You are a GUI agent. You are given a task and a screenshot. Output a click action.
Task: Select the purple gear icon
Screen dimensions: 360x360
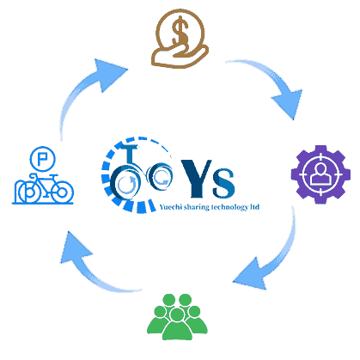(320, 174)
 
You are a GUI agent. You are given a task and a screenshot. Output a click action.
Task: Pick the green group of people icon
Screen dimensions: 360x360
(177, 317)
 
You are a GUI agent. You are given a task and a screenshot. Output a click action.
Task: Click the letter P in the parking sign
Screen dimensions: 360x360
(42, 159)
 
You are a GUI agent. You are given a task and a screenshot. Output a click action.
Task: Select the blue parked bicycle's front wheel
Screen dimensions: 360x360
(62, 192)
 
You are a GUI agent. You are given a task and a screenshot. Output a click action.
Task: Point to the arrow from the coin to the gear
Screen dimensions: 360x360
(273, 83)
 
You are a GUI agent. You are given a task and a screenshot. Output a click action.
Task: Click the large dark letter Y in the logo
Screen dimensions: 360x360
(197, 178)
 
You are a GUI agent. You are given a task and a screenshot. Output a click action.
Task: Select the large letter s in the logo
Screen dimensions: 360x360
(223, 183)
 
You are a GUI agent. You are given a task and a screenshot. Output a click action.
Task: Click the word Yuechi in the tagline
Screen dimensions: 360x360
(171, 207)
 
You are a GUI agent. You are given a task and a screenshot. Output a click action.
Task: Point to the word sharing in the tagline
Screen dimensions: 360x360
(197, 207)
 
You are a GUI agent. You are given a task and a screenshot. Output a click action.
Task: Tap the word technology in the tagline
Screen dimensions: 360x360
(229, 207)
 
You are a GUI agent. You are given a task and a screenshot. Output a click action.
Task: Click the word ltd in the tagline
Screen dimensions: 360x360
(254, 207)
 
